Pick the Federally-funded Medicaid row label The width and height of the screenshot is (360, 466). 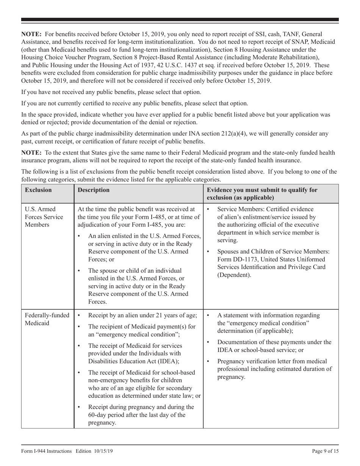47,319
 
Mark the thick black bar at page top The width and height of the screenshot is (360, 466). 180,19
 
